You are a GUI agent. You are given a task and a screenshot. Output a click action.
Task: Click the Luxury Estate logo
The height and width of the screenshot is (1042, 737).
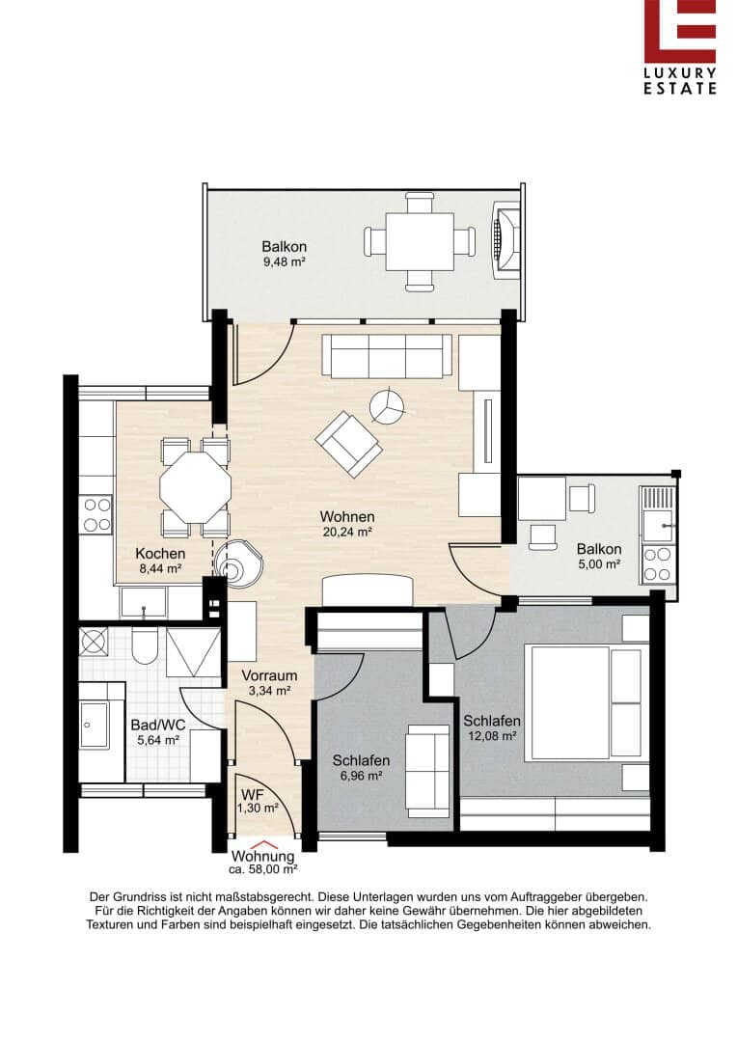point(679,47)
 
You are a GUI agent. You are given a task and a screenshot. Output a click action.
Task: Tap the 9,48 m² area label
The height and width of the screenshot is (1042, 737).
point(285,261)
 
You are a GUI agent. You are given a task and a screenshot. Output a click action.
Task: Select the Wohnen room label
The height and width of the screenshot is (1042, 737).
point(347,516)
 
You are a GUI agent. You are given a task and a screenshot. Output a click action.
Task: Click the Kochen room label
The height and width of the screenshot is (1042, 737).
point(160,554)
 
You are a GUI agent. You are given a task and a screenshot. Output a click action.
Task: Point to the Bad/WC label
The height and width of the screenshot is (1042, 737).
point(158,726)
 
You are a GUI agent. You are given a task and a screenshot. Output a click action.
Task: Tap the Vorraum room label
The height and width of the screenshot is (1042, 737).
point(269,675)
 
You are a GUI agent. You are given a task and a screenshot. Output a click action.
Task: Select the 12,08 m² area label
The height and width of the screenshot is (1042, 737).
point(492,735)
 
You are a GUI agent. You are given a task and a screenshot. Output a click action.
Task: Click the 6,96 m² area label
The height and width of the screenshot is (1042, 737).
point(361,776)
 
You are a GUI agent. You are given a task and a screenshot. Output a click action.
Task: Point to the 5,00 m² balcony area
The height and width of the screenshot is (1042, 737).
point(599,563)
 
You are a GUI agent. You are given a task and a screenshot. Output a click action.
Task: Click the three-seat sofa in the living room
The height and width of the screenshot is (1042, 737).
point(387,355)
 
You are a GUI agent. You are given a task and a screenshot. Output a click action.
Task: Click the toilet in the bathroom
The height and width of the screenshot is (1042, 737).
point(144,645)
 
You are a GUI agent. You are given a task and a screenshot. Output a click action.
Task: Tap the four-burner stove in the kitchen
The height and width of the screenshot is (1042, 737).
point(96,515)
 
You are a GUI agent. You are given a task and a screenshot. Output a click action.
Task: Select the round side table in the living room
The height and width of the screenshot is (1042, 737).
point(386,405)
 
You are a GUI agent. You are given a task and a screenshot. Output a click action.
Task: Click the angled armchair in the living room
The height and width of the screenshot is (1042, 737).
point(349,445)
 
